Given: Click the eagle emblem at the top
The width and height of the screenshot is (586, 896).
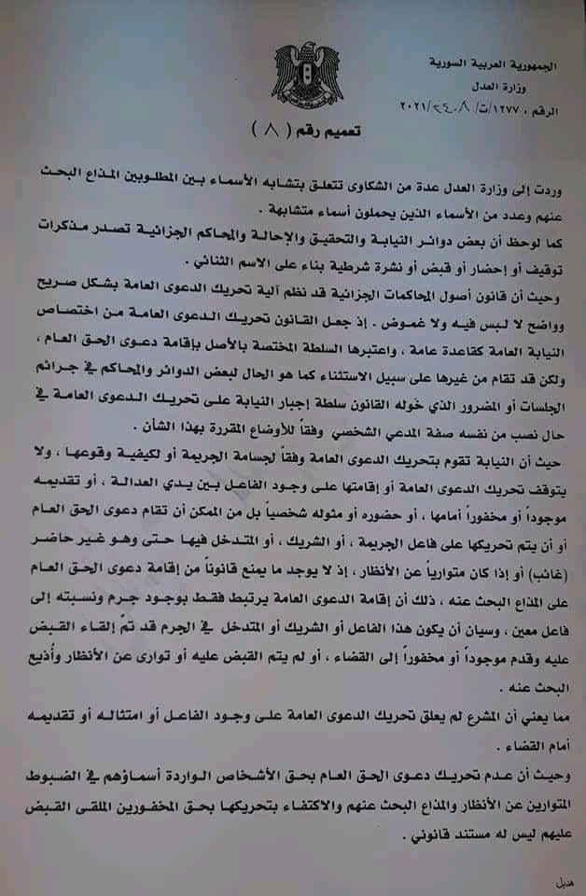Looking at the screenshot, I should [307, 71].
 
